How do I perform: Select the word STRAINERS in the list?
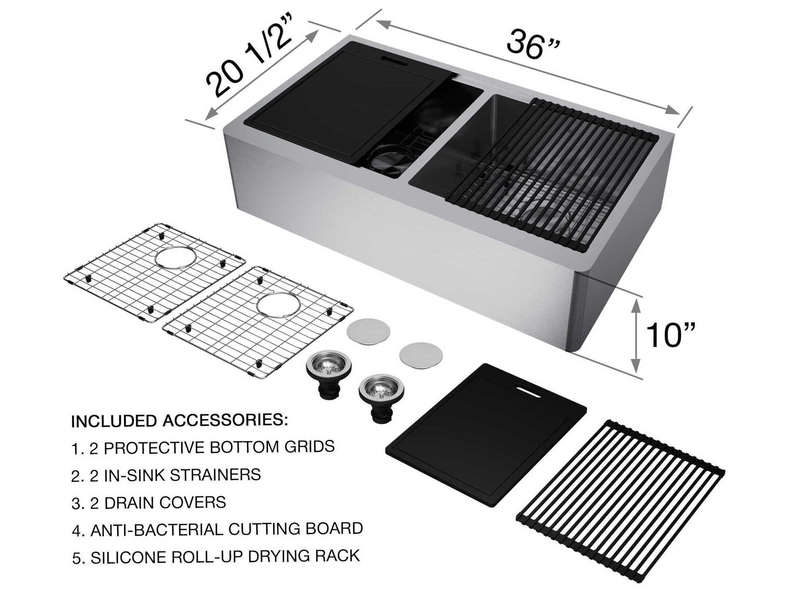[215, 475]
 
